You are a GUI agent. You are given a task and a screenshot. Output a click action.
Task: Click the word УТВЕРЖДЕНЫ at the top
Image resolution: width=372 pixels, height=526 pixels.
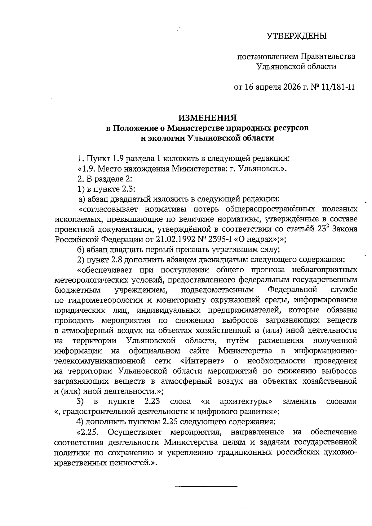[x=297, y=36]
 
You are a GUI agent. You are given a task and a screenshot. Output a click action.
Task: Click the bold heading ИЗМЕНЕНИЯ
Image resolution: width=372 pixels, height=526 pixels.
[x=207, y=118]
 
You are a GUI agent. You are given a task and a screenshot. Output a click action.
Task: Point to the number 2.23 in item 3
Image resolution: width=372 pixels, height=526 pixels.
[x=152, y=402]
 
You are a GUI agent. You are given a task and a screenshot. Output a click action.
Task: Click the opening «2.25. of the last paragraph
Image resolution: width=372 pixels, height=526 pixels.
[x=87, y=432]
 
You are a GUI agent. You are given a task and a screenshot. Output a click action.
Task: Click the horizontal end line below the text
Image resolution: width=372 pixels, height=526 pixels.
[x=206, y=486]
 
